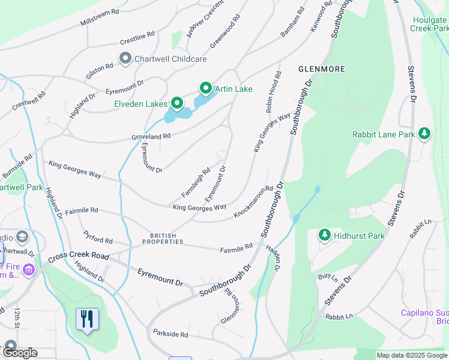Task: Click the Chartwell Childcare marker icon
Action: click(x=125, y=59)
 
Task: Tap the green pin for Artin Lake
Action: click(x=206, y=89)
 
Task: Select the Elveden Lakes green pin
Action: click(x=177, y=104)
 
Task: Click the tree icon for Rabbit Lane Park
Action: click(x=424, y=134)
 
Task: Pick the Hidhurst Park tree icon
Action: click(x=324, y=235)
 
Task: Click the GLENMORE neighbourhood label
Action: click(x=322, y=69)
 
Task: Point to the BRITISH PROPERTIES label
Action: click(x=163, y=239)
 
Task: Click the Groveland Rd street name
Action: click(x=151, y=137)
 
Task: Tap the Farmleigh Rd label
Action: click(x=196, y=183)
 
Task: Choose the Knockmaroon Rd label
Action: click(x=253, y=202)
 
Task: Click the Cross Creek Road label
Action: click(x=80, y=256)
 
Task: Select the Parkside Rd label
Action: click(x=170, y=333)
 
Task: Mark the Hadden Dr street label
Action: click(x=273, y=258)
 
